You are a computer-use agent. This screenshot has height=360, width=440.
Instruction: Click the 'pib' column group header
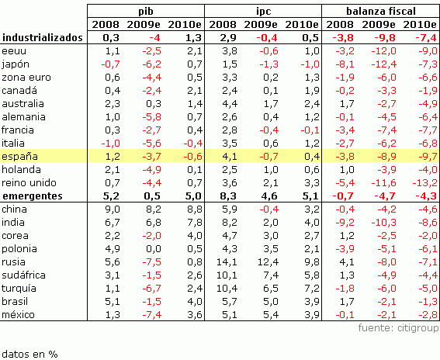(x=145, y=10)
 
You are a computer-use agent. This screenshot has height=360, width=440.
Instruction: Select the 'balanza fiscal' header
(x=382, y=10)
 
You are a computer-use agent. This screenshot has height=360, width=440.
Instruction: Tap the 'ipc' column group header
(x=263, y=10)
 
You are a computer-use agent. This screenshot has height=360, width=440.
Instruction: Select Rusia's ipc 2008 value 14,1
(x=227, y=261)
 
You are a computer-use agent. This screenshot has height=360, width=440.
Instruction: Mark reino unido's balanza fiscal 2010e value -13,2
(x=420, y=182)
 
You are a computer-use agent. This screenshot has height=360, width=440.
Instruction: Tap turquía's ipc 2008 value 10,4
(x=227, y=288)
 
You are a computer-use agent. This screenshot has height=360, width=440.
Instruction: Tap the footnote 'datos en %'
(x=29, y=353)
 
